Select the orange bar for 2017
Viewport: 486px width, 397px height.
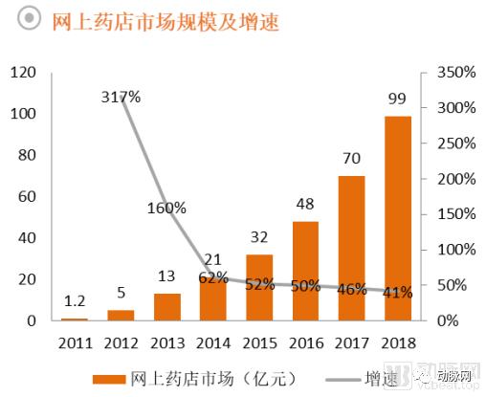tap(351, 248)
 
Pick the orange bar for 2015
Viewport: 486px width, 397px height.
tap(259, 287)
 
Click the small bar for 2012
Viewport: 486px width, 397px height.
tap(121, 315)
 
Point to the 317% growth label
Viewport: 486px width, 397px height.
tap(121, 97)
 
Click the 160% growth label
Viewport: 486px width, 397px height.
tap(166, 208)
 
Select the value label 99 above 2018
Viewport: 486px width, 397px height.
tap(398, 99)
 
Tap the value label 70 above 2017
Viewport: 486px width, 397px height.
tap(352, 158)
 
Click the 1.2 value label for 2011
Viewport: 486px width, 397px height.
tap(75, 301)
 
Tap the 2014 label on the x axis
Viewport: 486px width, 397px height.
tap(212, 342)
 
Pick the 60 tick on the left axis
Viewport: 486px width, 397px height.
tap(27, 196)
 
